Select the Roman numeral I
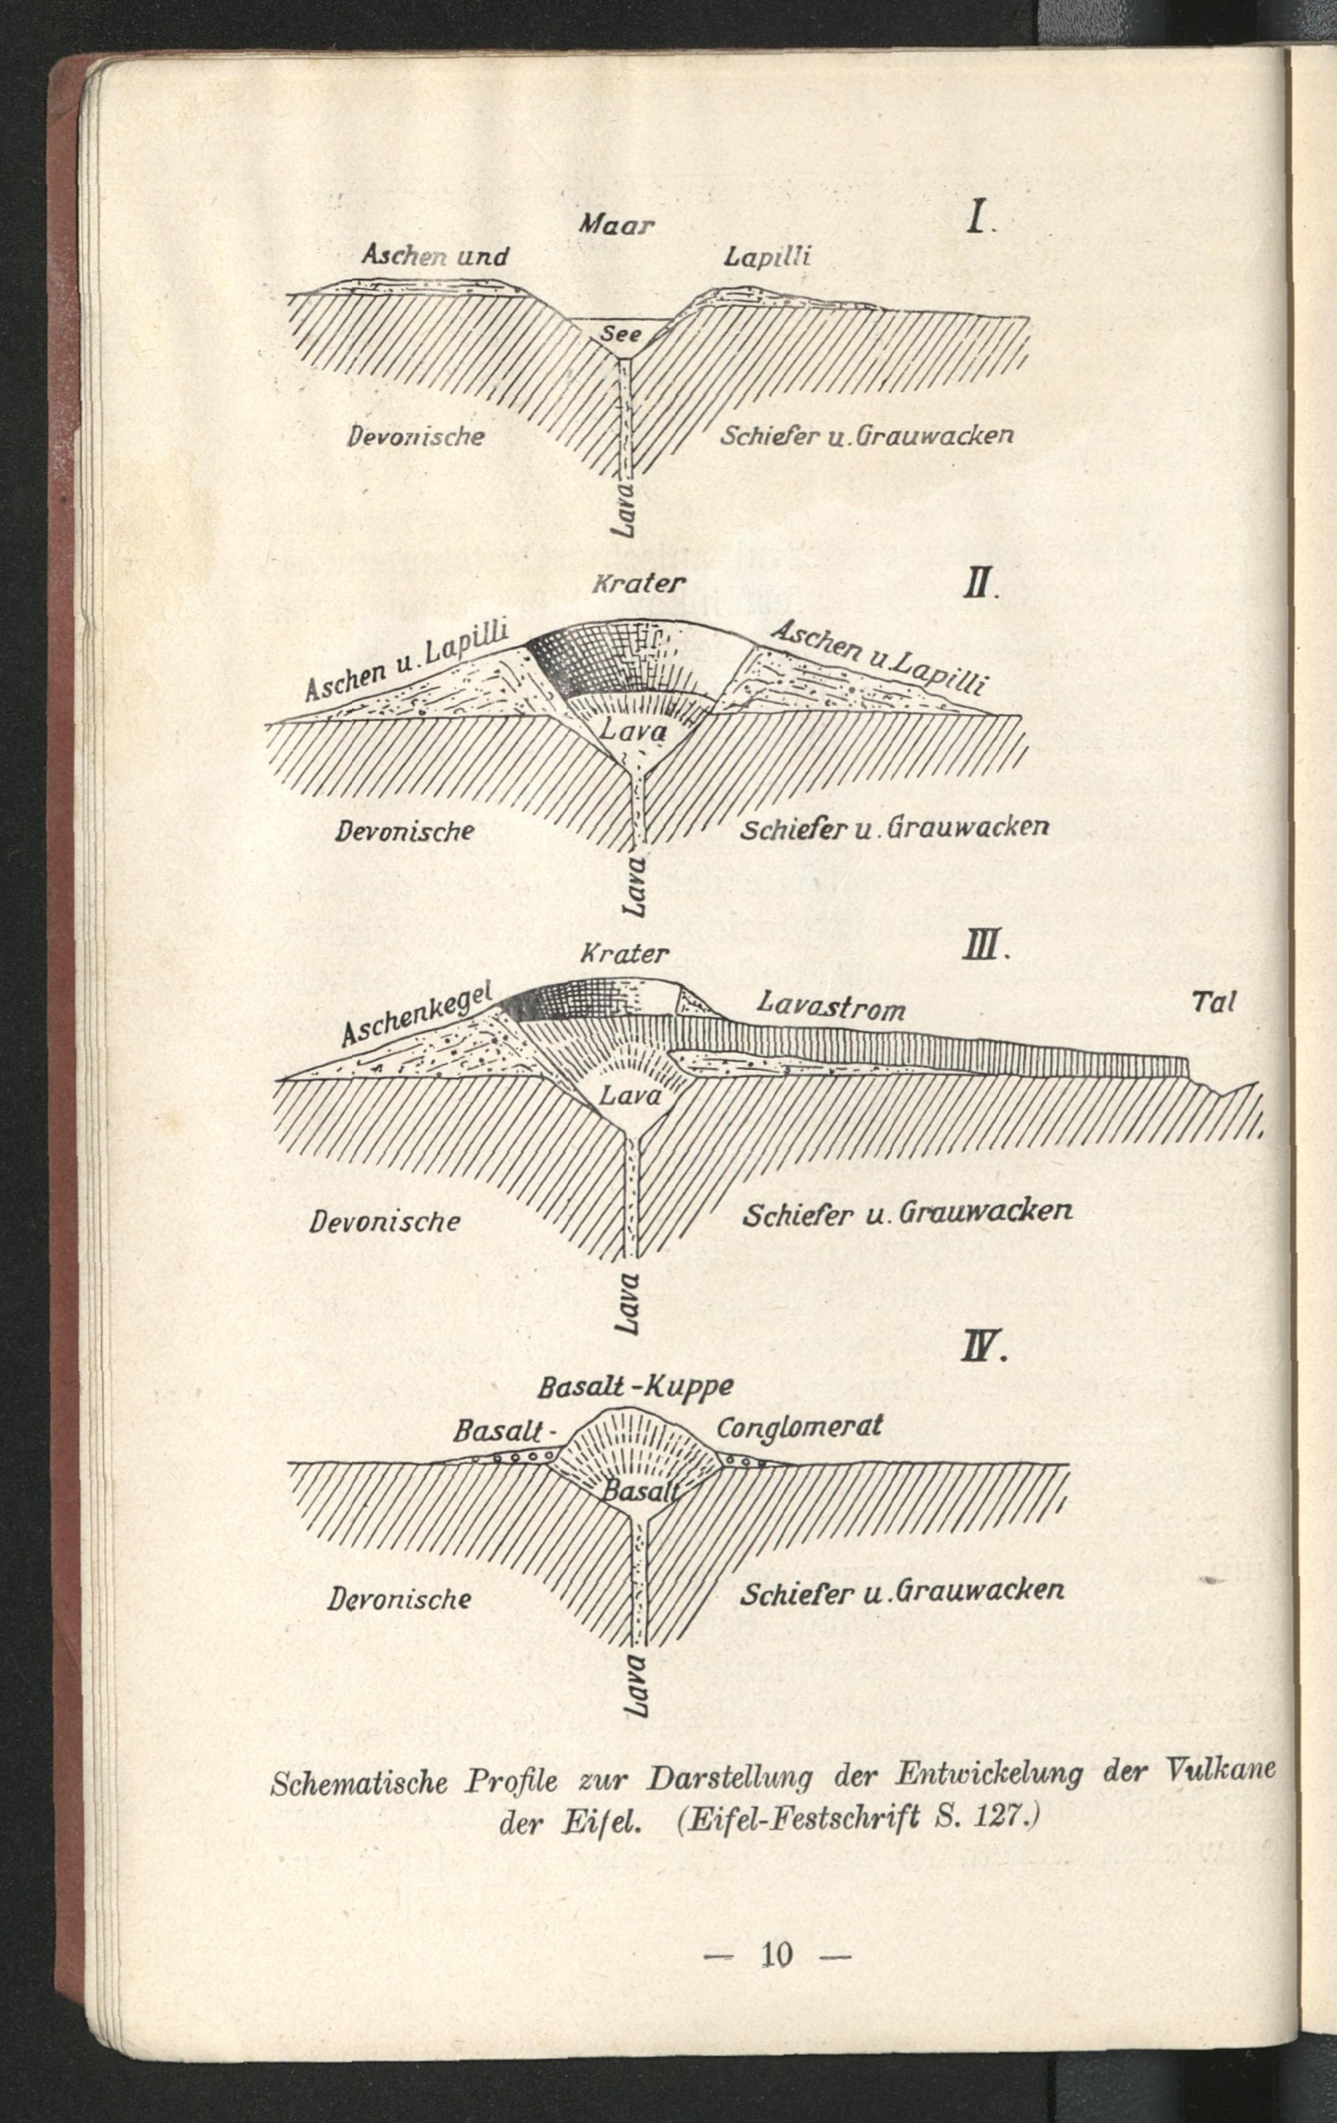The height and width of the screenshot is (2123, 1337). click(x=977, y=216)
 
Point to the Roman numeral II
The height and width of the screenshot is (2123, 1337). click(x=978, y=585)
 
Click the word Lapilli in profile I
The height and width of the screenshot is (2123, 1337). click(x=766, y=257)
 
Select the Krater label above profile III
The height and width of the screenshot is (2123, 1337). click(x=624, y=953)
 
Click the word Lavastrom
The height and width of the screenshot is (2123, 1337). click(x=832, y=1005)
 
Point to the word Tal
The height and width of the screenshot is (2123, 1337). click(x=1215, y=1002)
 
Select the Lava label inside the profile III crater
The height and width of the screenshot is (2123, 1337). click(x=629, y=1097)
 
